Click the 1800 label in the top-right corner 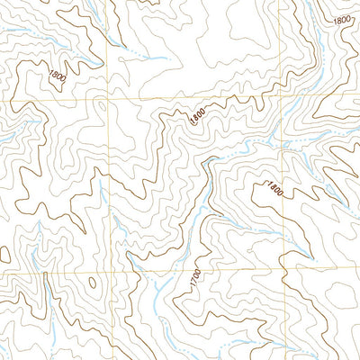pos(341,19)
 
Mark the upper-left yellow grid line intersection pos(108,101)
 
